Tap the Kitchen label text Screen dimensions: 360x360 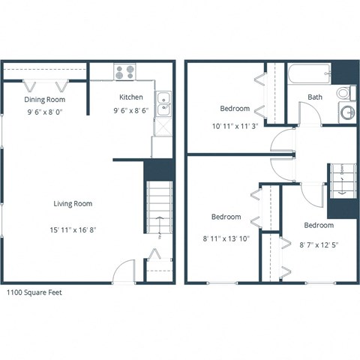coord(131,97)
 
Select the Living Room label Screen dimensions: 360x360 coord(73,203)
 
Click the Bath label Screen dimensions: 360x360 coord(315,97)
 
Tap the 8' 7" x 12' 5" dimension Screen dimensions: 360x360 coord(318,243)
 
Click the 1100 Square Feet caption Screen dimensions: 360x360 coord(35,293)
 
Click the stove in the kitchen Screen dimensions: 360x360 coord(124,73)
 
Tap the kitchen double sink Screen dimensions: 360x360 coord(163,103)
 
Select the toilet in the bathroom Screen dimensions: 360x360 coord(345,94)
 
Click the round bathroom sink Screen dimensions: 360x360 coord(347,114)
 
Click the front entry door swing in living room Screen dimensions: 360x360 coord(126,270)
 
